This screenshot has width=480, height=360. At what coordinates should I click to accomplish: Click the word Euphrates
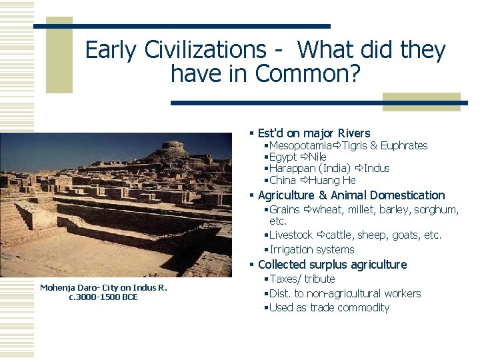coord(403,145)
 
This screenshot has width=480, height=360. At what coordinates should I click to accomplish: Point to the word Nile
coord(317,157)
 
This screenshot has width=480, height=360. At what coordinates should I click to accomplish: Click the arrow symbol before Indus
coord(359,169)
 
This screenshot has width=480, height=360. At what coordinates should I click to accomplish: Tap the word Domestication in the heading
coord(405,195)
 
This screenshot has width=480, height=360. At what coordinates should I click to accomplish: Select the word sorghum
coord(437,209)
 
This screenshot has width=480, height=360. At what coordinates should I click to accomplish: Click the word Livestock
coord(291,235)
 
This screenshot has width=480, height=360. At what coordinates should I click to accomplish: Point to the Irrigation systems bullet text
coord(312,249)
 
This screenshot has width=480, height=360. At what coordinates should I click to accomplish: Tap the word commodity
coord(363,307)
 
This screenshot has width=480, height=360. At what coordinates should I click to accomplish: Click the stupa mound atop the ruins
coord(171,150)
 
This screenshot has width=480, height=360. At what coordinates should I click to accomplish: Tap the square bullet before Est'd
coord(251,133)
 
